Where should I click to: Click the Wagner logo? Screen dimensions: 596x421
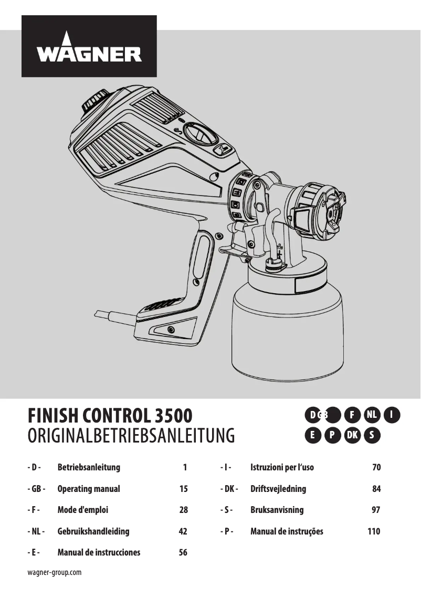point(89,46)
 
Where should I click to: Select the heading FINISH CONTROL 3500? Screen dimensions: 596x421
point(110,416)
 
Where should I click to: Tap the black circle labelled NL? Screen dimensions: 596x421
point(372,415)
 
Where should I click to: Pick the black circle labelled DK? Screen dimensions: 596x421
point(352,435)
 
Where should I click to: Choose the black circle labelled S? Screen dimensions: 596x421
point(372,435)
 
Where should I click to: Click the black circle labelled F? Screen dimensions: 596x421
point(352,415)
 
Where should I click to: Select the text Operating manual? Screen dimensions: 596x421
point(89,489)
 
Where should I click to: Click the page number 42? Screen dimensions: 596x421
point(183,531)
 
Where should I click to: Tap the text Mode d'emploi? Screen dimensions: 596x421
point(83,510)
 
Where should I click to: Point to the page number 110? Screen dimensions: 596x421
point(374,531)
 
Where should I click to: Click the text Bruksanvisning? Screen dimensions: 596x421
point(277,510)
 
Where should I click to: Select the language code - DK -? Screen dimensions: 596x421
point(229,489)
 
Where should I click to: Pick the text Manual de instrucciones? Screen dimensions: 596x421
point(99,552)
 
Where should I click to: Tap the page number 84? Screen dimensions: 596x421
point(376,489)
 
